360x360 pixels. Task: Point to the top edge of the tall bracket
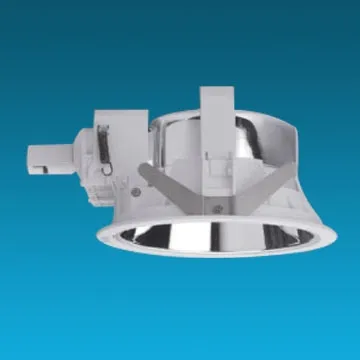(221, 89)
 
